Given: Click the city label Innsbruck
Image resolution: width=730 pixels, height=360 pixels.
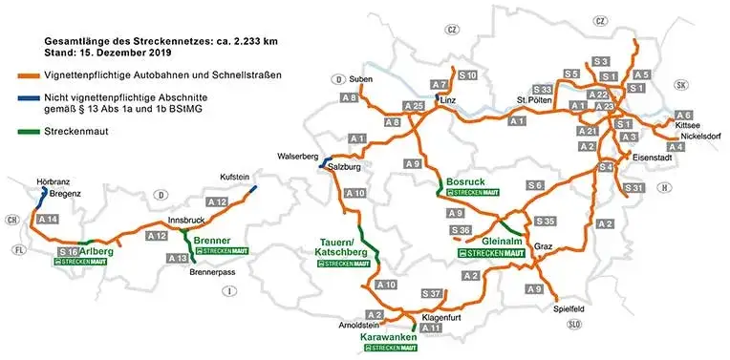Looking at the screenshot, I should [x=185, y=220].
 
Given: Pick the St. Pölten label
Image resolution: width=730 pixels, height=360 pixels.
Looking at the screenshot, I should [x=535, y=98].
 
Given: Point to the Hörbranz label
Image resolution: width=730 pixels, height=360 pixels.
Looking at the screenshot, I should [x=54, y=179].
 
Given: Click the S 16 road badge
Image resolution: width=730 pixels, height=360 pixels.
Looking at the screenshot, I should [x=67, y=250].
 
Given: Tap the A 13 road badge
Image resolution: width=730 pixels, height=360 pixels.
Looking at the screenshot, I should [x=178, y=258].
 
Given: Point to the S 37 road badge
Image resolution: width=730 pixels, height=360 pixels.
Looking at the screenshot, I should [x=431, y=292].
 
